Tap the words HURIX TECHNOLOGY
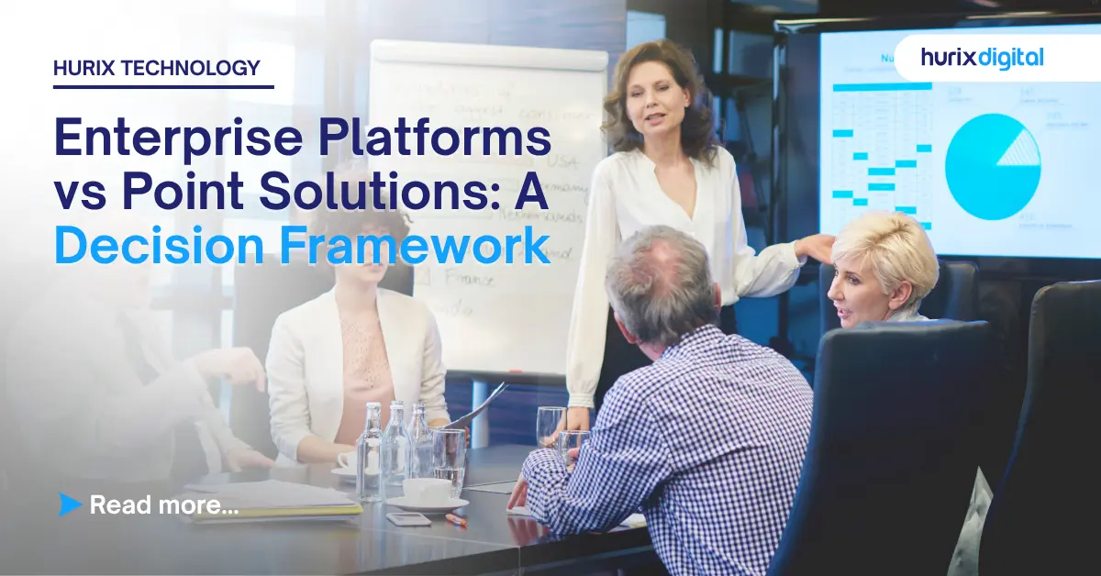(x=157, y=67)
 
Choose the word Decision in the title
(x=161, y=245)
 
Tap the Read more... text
(x=164, y=504)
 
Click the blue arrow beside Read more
(x=70, y=503)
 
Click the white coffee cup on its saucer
(x=427, y=492)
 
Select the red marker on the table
(x=456, y=519)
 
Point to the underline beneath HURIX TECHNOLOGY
(x=163, y=87)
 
